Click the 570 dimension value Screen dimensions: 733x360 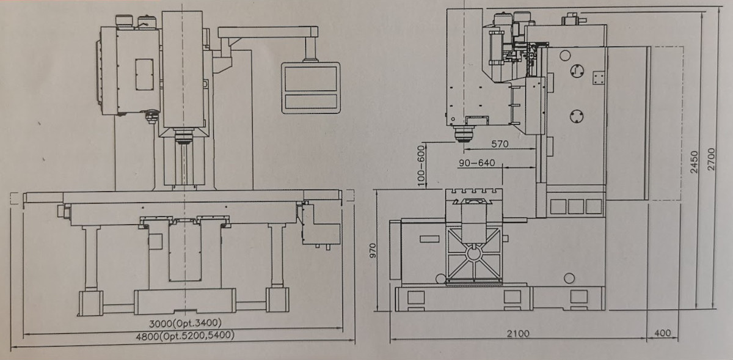500,144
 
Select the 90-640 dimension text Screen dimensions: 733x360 477,163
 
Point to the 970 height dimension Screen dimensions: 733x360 373,251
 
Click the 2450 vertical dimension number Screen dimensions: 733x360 694,162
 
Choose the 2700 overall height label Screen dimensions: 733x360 711,159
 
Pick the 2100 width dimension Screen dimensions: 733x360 518,334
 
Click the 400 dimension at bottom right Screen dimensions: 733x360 663,333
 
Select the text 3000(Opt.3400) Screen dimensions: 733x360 185,323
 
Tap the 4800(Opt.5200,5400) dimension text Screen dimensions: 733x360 185,336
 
